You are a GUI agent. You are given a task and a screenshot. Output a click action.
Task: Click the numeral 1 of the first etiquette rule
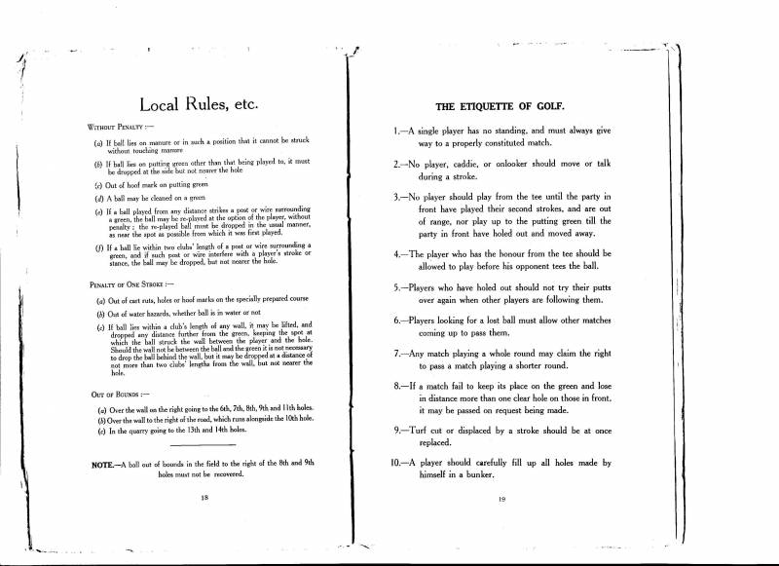coord(397,131)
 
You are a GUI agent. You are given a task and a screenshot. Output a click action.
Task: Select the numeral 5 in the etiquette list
coord(397,289)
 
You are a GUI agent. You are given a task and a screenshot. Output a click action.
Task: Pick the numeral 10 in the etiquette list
coord(399,464)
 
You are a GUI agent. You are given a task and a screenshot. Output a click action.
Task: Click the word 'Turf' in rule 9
coord(425,430)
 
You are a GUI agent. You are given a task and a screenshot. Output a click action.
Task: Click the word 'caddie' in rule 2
coord(485,165)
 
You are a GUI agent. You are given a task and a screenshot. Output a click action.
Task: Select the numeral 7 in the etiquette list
coord(397,355)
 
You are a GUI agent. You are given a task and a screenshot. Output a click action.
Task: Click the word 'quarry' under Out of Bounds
coord(132,431)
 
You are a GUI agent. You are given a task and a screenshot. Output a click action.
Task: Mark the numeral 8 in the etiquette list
coord(397,387)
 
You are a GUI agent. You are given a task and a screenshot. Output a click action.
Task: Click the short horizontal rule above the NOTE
coord(204,445)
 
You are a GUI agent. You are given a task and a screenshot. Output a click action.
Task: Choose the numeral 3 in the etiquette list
coord(397,197)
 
